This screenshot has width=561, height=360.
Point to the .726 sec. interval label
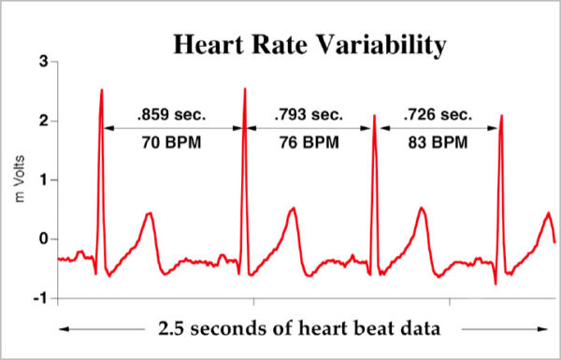click(437, 117)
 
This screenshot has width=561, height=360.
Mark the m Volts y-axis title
click(16, 180)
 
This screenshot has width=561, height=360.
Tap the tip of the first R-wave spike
click(101, 90)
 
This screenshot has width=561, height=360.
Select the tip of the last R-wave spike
click(501, 116)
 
